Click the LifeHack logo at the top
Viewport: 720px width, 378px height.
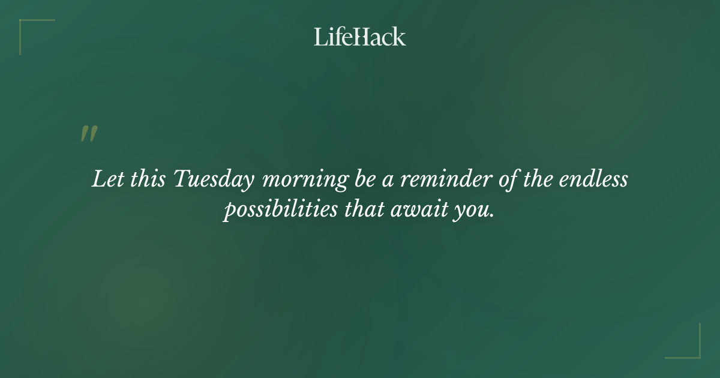coord(360,37)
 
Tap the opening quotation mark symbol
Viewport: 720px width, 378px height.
coord(89,134)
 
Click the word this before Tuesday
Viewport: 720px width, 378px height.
coord(146,179)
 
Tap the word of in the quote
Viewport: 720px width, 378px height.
coord(508,179)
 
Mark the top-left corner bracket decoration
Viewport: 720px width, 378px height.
coord(27,27)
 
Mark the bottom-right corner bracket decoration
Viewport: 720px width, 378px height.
coord(692,350)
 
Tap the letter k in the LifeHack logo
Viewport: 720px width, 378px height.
coord(399,37)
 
